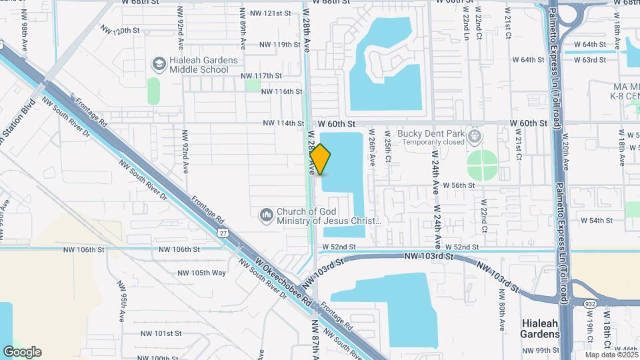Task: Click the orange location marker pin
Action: coord(321,159)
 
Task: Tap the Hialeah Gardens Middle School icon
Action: coord(159,64)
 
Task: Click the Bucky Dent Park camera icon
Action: coord(475,137)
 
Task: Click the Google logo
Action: coord(22,352)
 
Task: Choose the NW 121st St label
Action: coord(271,13)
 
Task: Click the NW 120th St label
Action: coord(120,31)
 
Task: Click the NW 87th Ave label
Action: coord(315,337)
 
